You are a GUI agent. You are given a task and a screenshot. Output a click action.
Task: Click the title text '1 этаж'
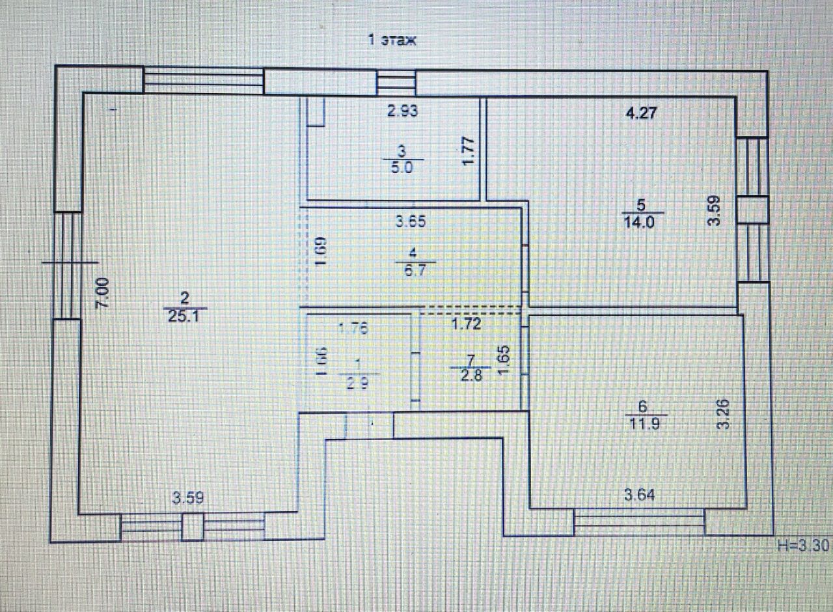click(x=392, y=40)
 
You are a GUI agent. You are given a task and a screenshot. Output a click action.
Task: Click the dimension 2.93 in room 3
click(x=402, y=111)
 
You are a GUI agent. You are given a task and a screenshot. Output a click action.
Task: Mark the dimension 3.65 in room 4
click(x=411, y=221)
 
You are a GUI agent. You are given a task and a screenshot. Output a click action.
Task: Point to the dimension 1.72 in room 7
click(x=467, y=324)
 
